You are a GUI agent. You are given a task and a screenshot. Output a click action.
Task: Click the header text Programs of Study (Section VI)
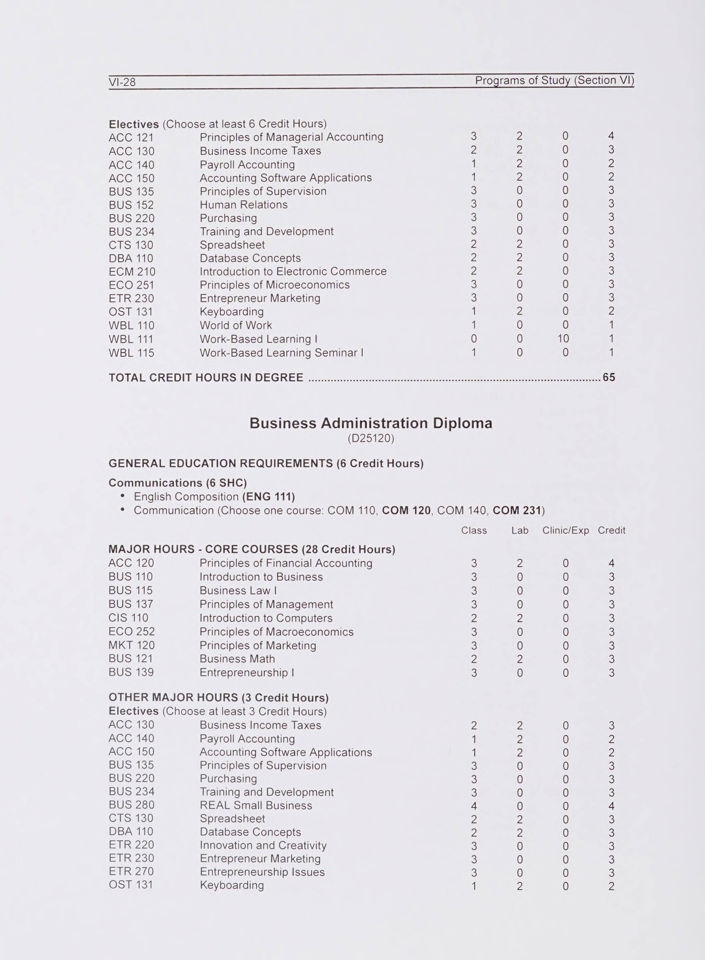click(x=554, y=80)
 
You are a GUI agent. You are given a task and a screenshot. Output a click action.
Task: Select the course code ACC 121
click(x=131, y=138)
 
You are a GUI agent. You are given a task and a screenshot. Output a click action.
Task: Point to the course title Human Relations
click(x=243, y=205)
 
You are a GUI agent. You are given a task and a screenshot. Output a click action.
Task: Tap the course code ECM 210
click(x=132, y=272)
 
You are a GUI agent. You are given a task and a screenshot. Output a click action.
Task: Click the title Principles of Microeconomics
click(x=274, y=285)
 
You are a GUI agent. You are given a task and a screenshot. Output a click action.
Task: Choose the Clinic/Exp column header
click(x=565, y=530)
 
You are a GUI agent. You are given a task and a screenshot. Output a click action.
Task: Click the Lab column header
click(x=520, y=530)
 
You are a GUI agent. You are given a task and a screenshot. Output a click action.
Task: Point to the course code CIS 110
click(x=128, y=618)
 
